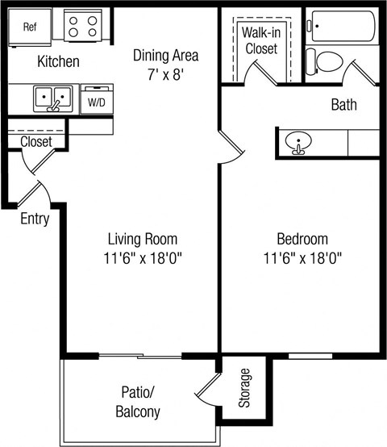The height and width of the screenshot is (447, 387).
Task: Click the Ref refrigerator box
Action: click(x=31, y=27)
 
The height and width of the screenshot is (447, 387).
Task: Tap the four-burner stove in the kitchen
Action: click(x=82, y=27)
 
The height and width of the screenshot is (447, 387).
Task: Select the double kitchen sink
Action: click(x=52, y=99)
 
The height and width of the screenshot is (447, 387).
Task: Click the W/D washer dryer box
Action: click(x=96, y=102)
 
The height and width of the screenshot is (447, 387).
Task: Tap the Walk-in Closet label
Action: click(x=260, y=40)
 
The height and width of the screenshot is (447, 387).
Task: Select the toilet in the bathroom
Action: click(x=327, y=61)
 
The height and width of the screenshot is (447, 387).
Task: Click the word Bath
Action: click(x=344, y=105)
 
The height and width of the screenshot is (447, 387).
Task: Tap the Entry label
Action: click(x=35, y=219)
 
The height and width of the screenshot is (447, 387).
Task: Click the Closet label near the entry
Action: click(x=35, y=142)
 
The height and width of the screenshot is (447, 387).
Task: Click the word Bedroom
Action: click(x=302, y=239)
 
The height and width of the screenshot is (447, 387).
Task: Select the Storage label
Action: click(x=245, y=387)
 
